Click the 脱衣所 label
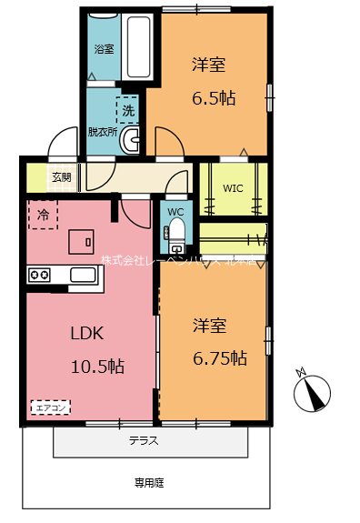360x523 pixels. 102,132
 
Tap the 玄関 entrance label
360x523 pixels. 62,177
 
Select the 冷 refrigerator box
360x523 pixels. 43,215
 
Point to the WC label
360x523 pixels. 176,214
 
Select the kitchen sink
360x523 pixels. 83,276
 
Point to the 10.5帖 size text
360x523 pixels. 97,367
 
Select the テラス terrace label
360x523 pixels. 144,441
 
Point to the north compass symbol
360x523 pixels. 311,390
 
